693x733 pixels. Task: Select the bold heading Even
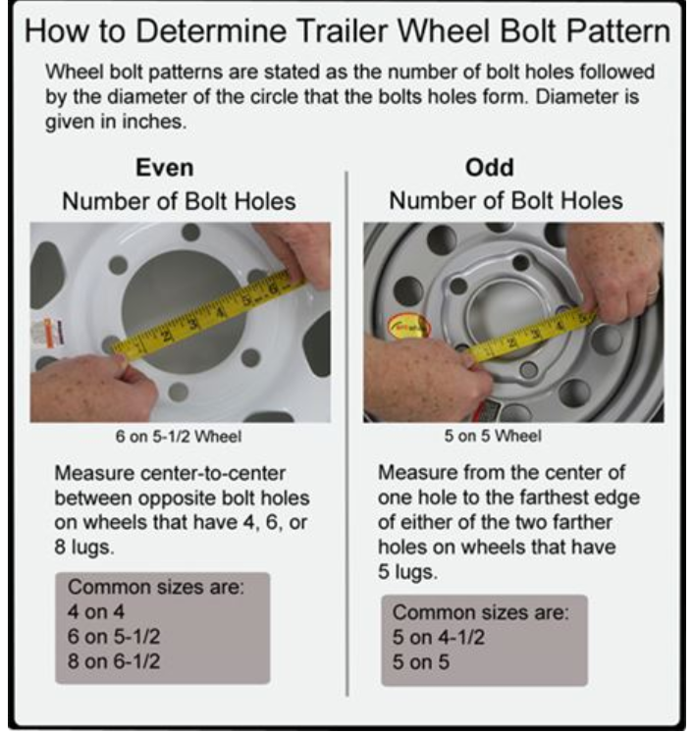(x=165, y=168)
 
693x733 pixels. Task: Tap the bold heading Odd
(x=489, y=167)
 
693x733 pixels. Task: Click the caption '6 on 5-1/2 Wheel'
(x=179, y=437)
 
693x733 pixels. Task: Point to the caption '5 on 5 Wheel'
(x=493, y=436)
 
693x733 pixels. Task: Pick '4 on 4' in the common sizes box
(x=96, y=611)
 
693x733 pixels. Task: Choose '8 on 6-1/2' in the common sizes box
(x=114, y=661)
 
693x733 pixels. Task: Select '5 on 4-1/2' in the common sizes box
(x=438, y=637)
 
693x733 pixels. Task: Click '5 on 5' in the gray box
(x=420, y=662)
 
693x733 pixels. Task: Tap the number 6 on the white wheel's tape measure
(x=273, y=289)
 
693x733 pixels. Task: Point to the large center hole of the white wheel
(x=184, y=311)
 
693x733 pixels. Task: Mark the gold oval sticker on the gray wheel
(x=407, y=327)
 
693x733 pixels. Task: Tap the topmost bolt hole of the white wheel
(x=190, y=232)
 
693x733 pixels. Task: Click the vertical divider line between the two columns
(x=346, y=434)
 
